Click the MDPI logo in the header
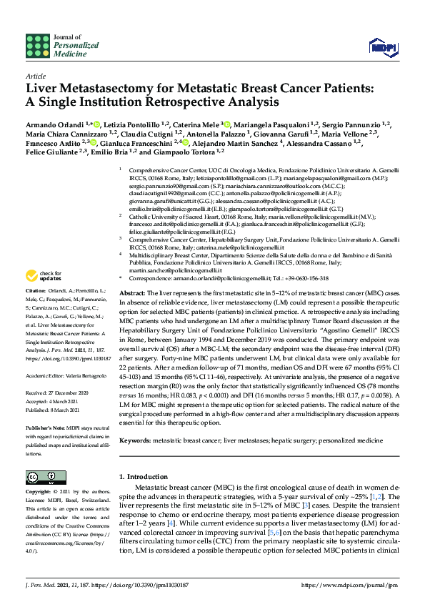pyautogui.click(x=382, y=47)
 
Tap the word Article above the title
pyautogui.click(x=35, y=75)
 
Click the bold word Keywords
pyautogui.click(x=135, y=441)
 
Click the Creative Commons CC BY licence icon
pyautogui.click(x=36, y=476)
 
